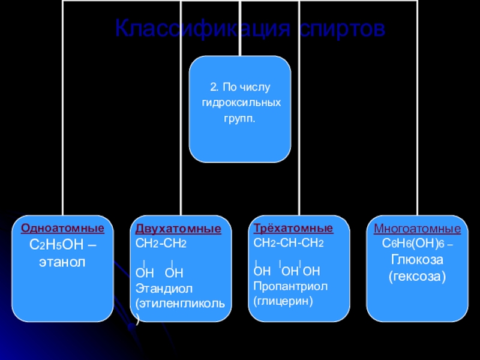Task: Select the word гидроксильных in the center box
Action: click(241, 104)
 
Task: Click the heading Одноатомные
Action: click(62, 229)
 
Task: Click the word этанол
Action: click(62, 262)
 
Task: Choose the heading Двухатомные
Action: click(178, 230)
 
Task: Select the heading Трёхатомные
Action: click(293, 229)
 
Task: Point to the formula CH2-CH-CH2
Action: click(289, 242)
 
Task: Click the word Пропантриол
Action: click(290, 286)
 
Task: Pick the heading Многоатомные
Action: click(418, 229)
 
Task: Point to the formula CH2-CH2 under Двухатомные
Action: click(161, 244)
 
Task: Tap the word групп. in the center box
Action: click(239, 119)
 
